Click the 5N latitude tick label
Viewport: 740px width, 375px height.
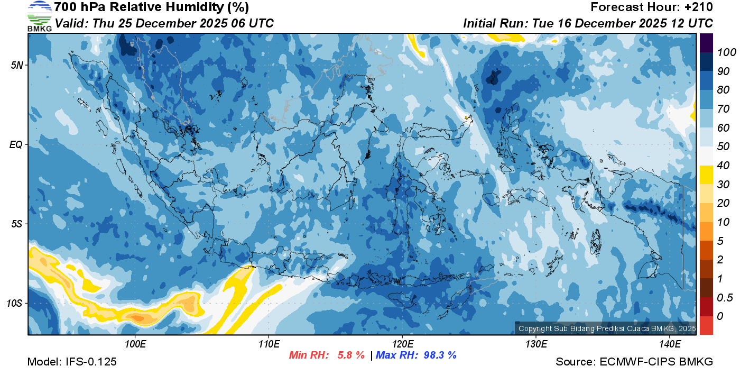point(16,65)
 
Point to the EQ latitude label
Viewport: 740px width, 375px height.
point(16,144)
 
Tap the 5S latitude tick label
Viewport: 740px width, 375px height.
point(16,224)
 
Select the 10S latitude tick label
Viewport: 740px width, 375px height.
point(14,303)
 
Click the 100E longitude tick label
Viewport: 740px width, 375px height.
point(135,344)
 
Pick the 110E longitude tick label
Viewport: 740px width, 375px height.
point(269,344)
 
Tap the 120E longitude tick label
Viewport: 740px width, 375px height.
point(402,344)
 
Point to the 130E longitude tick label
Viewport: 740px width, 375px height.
point(536,344)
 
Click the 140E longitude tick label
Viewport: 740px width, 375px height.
point(670,344)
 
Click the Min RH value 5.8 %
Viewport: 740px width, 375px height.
point(351,355)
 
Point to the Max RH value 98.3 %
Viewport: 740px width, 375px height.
point(440,355)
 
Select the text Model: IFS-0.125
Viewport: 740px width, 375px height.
point(72,362)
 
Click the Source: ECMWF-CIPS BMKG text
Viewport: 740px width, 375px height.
point(634,362)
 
